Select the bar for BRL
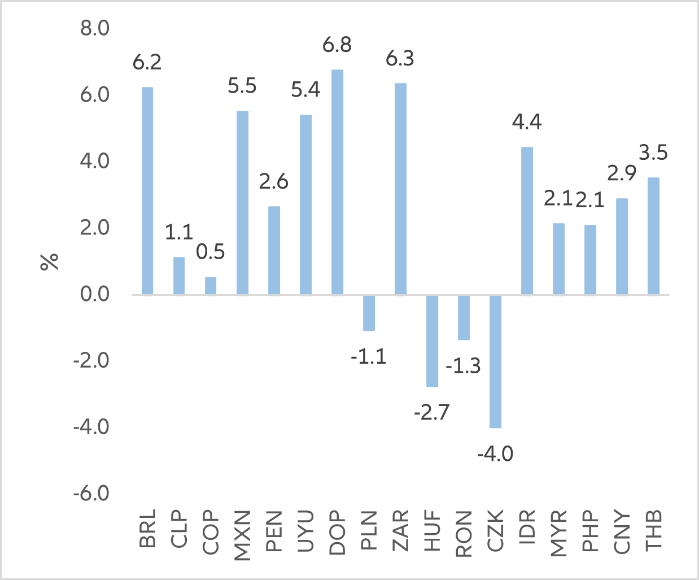click(x=147, y=191)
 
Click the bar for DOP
click(x=337, y=182)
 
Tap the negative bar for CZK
click(x=495, y=361)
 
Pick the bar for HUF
click(x=432, y=341)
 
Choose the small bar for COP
click(x=210, y=286)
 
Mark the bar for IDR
click(x=527, y=221)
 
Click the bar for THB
click(x=653, y=236)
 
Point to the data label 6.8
click(x=337, y=45)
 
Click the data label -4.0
click(x=495, y=453)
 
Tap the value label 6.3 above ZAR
click(x=400, y=59)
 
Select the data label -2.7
click(x=432, y=413)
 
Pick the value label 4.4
click(x=527, y=122)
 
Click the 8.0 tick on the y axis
click(x=95, y=28)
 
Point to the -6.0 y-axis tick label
click(x=91, y=494)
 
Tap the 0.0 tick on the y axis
click(x=95, y=294)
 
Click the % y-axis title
click(x=50, y=261)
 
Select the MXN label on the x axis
click(x=242, y=535)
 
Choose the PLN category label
click(x=369, y=531)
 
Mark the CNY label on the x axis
click(x=622, y=531)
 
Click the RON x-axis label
click(x=464, y=534)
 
